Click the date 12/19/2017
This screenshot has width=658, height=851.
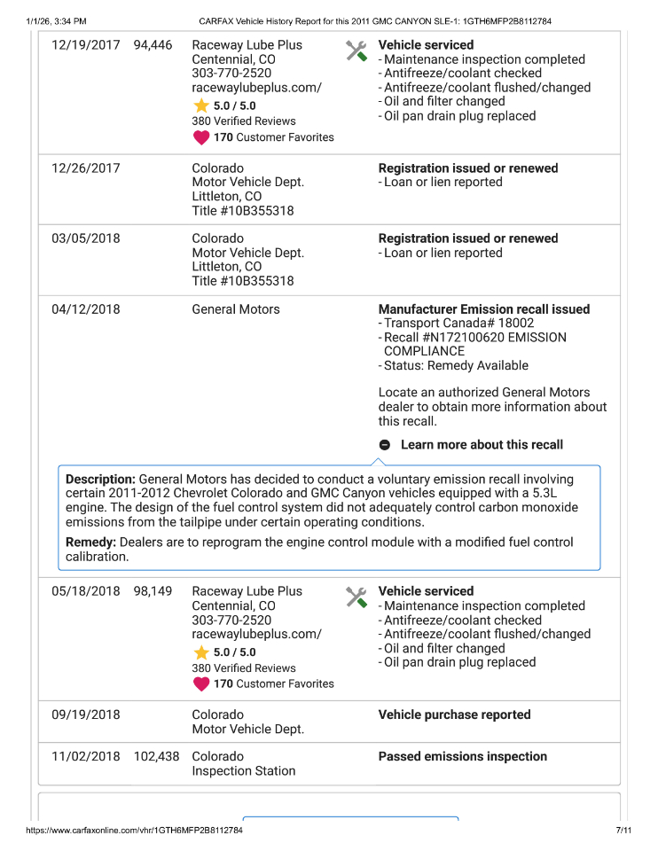click(86, 45)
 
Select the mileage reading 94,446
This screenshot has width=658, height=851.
click(153, 45)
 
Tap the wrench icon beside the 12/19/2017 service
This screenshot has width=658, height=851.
click(356, 51)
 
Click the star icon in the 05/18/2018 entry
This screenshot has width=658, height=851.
click(201, 652)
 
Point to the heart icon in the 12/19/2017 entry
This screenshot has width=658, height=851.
click(201, 137)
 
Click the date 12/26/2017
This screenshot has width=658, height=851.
click(86, 168)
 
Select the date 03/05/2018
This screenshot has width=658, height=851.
click(86, 238)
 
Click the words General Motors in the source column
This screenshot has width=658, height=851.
click(235, 309)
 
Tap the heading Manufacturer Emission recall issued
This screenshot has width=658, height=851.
click(483, 309)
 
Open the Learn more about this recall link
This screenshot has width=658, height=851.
click(482, 445)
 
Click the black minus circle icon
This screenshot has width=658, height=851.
click(385, 445)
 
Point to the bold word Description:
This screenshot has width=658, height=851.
click(100, 479)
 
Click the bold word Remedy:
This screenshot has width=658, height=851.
click(91, 542)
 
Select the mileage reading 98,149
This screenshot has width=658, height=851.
click(153, 591)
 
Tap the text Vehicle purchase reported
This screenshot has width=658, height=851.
click(454, 714)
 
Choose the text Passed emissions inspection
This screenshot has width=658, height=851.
click(462, 756)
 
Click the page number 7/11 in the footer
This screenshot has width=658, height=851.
click(623, 831)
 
